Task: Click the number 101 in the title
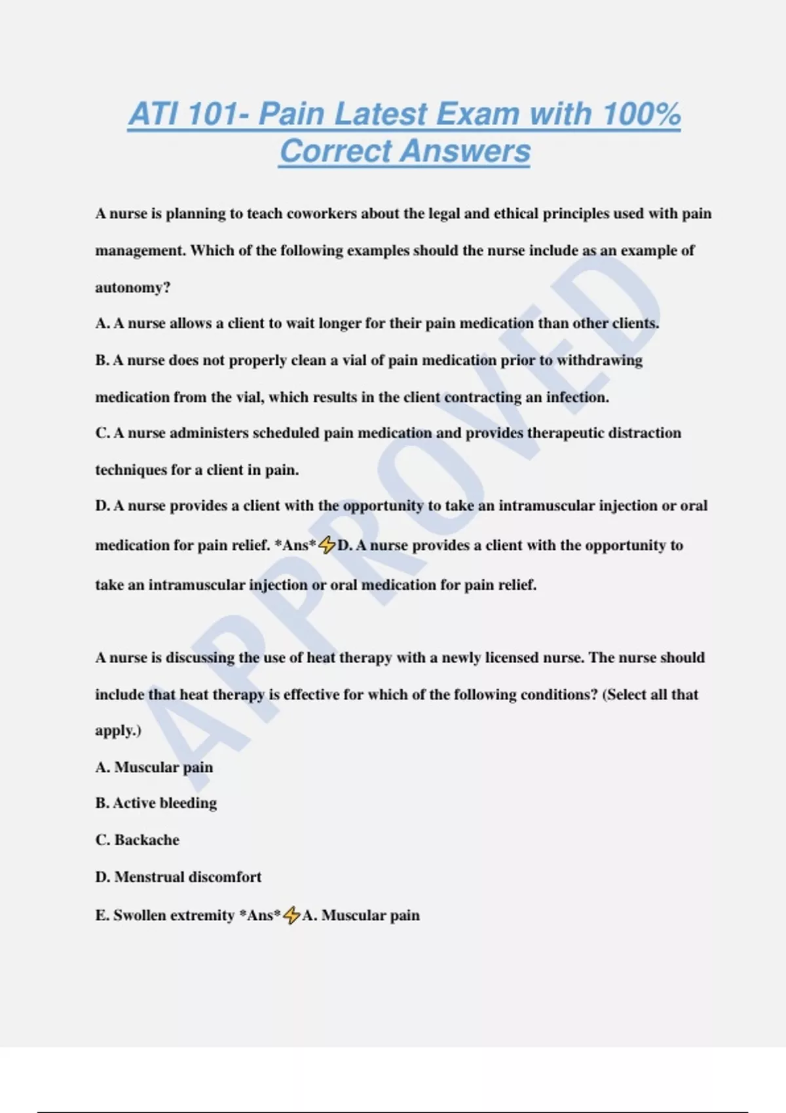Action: pyautogui.click(x=212, y=114)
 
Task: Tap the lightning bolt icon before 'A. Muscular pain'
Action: pyautogui.click(x=291, y=915)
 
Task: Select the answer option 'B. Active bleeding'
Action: pyautogui.click(x=156, y=803)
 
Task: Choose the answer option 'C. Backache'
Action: pyautogui.click(x=138, y=840)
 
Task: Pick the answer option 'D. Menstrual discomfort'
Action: pyautogui.click(x=178, y=877)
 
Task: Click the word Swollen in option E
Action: pyautogui.click(x=140, y=915)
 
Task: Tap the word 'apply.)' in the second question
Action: pyautogui.click(x=119, y=731)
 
